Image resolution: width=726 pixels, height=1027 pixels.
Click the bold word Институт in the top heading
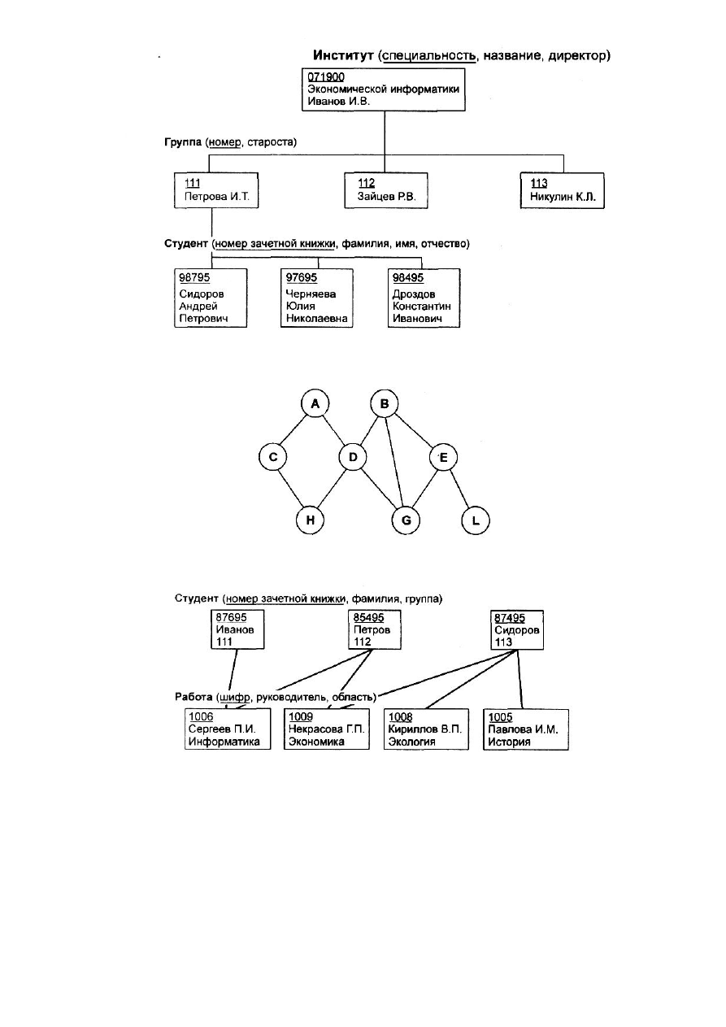pyautogui.click(x=343, y=55)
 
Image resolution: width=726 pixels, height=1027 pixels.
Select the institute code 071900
pyautogui.click(x=326, y=77)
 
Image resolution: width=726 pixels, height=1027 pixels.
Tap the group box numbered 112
pyautogui.click(x=386, y=190)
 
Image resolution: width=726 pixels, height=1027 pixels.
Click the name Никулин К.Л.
pyautogui.click(x=563, y=197)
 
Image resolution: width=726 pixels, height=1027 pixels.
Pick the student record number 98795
pyautogui.click(x=194, y=277)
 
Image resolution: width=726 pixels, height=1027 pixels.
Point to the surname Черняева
pyautogui.click(x=311, y=294)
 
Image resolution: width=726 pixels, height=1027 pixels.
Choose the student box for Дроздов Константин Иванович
pyautogui.click(x=424, y=298)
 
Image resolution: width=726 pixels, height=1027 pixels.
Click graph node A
pyautogui.click(x=315, y=403)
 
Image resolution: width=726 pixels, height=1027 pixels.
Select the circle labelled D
pyautogui.click(x=353, y=457)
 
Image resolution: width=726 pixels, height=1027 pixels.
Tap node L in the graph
pyautogui.click(x=476, y=520)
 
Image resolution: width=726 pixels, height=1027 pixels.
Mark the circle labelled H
pyautogui.click(x=311, y=520)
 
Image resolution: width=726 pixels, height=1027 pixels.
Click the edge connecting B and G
pyautogui.click(x=394, y=462)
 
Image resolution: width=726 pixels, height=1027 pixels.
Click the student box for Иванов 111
pyautogui.click(x=237, y=629)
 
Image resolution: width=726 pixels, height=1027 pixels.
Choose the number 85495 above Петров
pyautogui.click(x=368, y=617)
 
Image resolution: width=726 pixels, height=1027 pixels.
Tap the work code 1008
pyautogui.click(x=401, y=716)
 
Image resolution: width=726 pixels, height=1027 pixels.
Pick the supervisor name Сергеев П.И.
pyautogui.click(x=222, y=729)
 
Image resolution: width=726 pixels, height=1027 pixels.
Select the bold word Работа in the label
pyautogui.click(x=193, y=697)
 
